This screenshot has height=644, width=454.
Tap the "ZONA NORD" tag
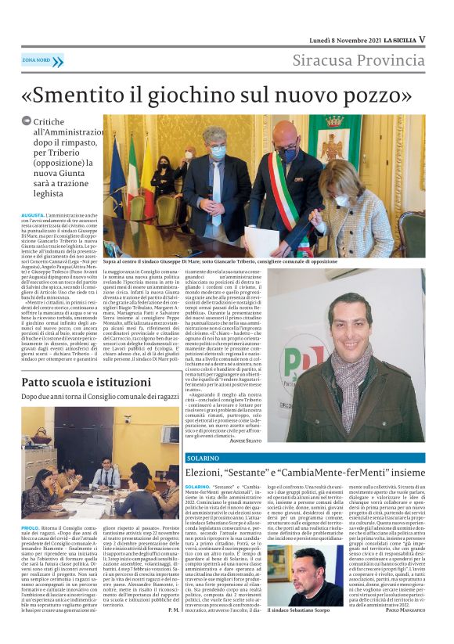click(36, 60)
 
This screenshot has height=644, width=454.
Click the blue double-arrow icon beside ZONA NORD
click(58, 60)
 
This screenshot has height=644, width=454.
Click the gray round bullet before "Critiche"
click(27, 121)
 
